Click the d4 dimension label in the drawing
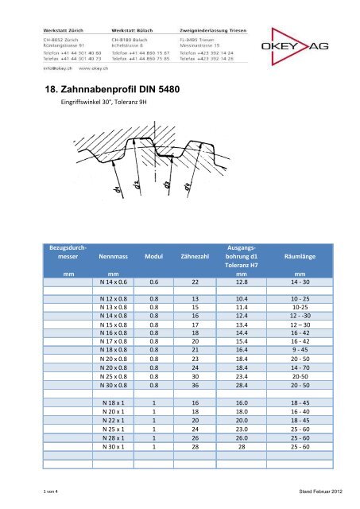pyautogui.click(x=187, y=188)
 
